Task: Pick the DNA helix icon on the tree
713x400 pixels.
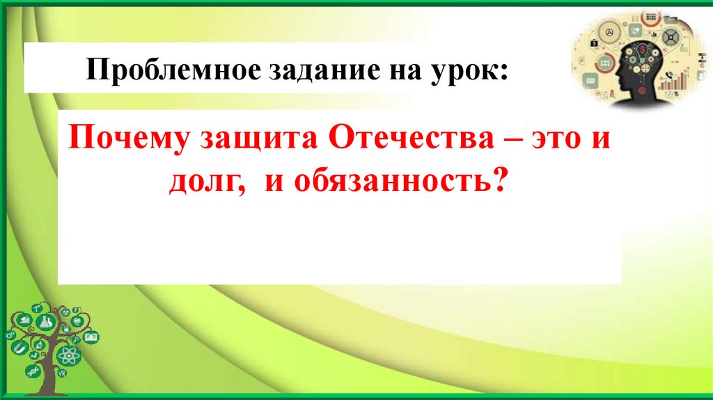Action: tap(32, 371)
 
